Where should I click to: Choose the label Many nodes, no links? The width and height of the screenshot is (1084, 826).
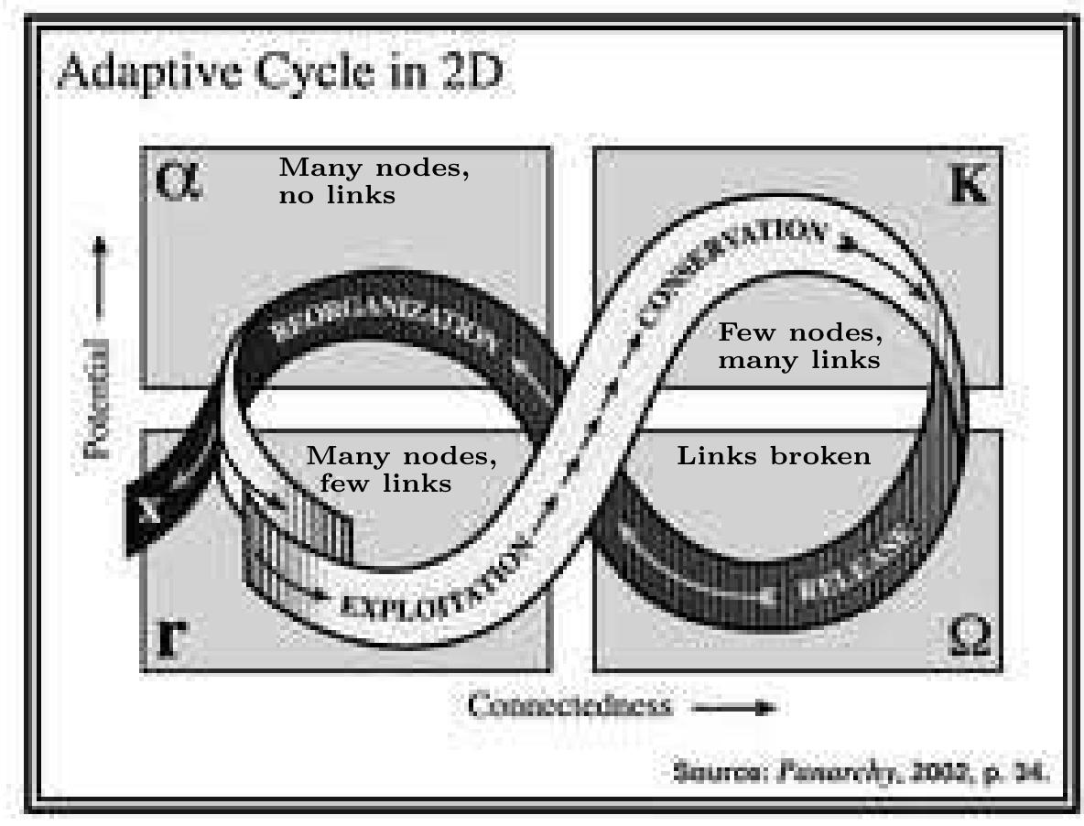(x=374, y=181)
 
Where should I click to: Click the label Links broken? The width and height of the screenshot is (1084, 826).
(x=774, y=455)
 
